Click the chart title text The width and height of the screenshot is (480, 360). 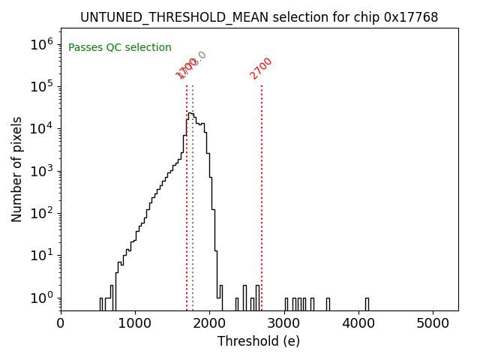pyautogui.click(x=259, y=16)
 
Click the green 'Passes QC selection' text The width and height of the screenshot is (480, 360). pyautogui.click(x=120, y=48)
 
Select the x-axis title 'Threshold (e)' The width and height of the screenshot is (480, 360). pyautogui.click(x=259, y=341)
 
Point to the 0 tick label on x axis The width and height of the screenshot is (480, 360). pyautogui.click(x=61, y=323)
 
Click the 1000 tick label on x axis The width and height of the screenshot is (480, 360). pyautogui.click(x=135, y=323)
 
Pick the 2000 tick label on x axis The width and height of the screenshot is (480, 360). pyautogui.click(x=210, y=323)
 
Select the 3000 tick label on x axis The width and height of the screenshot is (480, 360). pyautogui.click(x=284, y=323)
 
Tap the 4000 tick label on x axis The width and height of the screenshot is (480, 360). pyautogui.click(x=359, y=323)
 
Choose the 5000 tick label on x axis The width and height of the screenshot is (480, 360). pyautogui.click(x=433, y=323)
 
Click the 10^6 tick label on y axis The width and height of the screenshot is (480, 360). pyautogui.click(x=41, y=43)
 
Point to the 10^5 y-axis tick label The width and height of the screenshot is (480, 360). pyautogui.click(x=41, y=86)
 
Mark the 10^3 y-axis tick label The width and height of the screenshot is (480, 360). pyautogui.click(x=41, y=171)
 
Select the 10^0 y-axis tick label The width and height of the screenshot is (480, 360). pyautogui.click(x=41, y=298)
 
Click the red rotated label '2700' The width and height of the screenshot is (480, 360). pyautogui.click(x=261, y=68)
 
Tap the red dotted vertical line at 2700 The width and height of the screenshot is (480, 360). pyautogui.click(x=262, y=187)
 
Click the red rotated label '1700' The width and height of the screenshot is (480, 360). pyautogui.click(x=185, y=69)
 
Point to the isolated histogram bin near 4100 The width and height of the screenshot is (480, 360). pyautogui.click(x=367, y=304)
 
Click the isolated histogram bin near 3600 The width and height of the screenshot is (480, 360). pyautogui.click(x=328, y=304)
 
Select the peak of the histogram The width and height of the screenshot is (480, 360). pyautogui.click(x=190, y=113)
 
